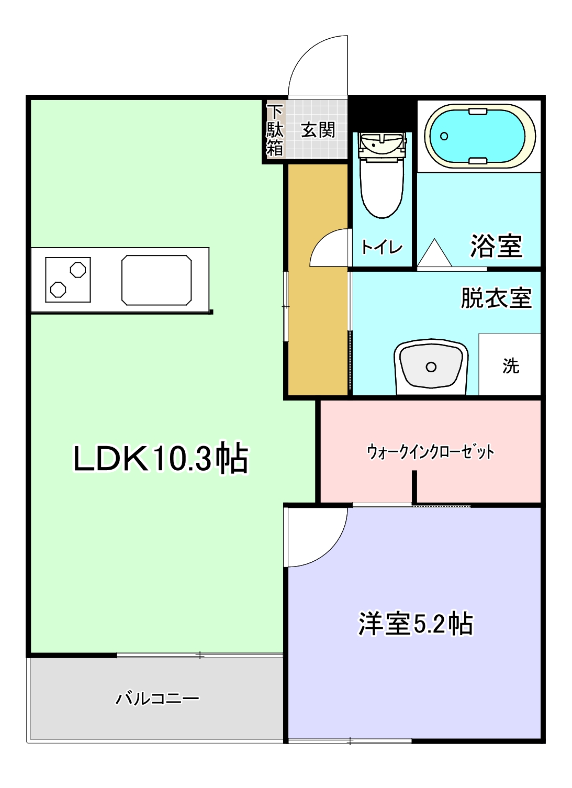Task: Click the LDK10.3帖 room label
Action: (160, 459)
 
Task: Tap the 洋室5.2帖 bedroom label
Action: (416, 624)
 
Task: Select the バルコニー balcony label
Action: (158, 698)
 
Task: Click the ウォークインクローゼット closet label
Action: (430, 451)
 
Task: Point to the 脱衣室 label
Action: (496, 298)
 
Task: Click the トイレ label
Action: (382, 247)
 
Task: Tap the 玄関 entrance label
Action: (318, 130)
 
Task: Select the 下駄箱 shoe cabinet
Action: (275, 130)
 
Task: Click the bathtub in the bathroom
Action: (479, 136)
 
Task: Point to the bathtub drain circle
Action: (444, 136)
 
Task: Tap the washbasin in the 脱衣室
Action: (431, 367)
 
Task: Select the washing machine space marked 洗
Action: (510, 365)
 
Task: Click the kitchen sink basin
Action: (156, 280)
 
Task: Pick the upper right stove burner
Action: (78, 270)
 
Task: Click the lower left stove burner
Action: (58, 290)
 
